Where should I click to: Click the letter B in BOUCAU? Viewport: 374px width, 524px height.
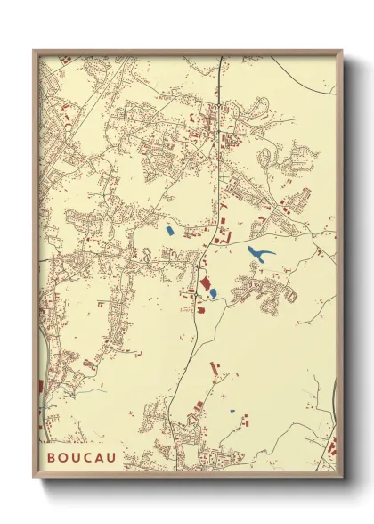click(51, 458)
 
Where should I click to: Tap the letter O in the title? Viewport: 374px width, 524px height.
click(65, 458)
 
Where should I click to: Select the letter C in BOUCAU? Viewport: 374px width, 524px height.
click(95, 458)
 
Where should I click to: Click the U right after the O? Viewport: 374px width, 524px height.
click(80, 458)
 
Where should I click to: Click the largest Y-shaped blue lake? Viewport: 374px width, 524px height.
click(261, 256)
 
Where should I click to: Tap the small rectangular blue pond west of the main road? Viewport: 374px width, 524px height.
click(169, 230)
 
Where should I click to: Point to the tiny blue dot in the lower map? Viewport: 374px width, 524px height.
click(232, 411)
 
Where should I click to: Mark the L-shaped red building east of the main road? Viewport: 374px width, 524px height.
click(224, 237)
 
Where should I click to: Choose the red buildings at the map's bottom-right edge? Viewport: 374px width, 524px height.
click(331, 446)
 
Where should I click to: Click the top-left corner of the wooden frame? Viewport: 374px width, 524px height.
click(34, 51)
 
